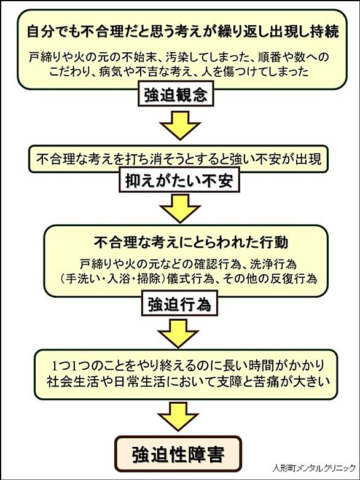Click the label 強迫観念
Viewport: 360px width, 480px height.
point(176,95)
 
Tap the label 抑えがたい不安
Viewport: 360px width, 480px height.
point(179,181)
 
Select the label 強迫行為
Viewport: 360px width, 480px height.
point(179,304)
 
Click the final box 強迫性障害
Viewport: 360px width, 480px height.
point(178,454)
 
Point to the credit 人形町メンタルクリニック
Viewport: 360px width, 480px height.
point(314,468)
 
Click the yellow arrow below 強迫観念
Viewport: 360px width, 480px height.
point(180,125)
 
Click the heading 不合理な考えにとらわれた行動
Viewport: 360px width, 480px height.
point(191,242)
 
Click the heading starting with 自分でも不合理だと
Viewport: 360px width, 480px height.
point(183,32)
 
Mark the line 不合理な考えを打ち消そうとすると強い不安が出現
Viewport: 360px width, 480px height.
point(179,160)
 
